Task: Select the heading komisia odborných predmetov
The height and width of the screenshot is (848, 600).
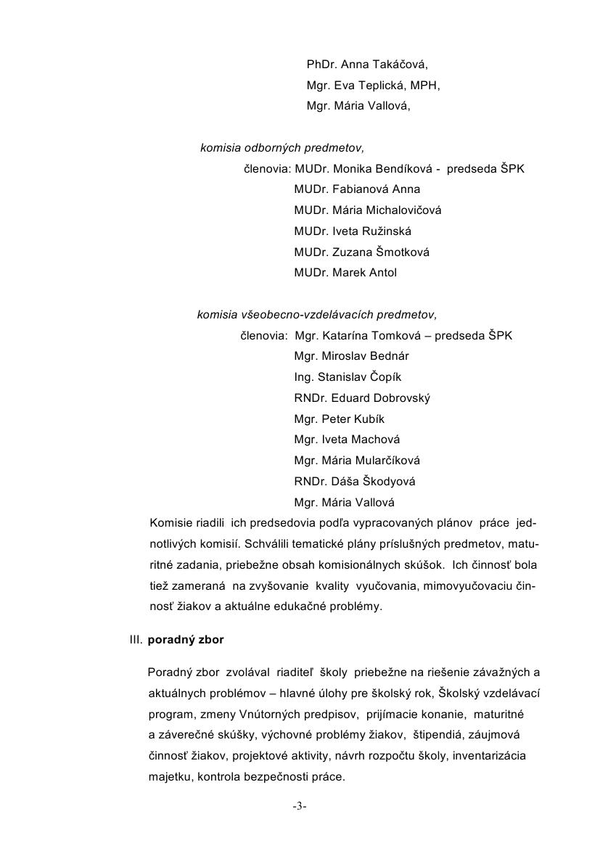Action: click(x=282, y=148)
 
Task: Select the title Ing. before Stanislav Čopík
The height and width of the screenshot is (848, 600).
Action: click(x=304, y=377)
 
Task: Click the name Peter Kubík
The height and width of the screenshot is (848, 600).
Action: click(x=351, y=419)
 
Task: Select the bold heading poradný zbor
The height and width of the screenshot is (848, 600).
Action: click(x=186, y=641)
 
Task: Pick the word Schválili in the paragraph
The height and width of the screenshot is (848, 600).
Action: click(x=270, y=543)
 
